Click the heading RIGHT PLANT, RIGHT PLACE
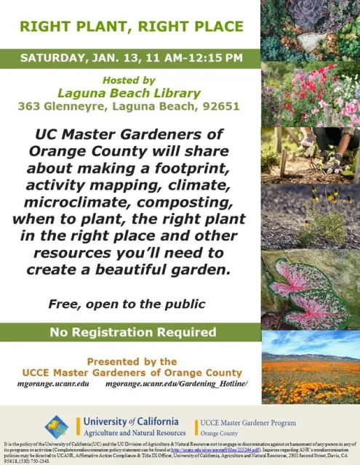click(131, 27)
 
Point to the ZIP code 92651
click(221, 106)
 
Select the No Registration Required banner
click(131, 333)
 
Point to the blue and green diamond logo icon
click(57, 426)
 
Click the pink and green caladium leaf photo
click(310, 290)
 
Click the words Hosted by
click(129, 79)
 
